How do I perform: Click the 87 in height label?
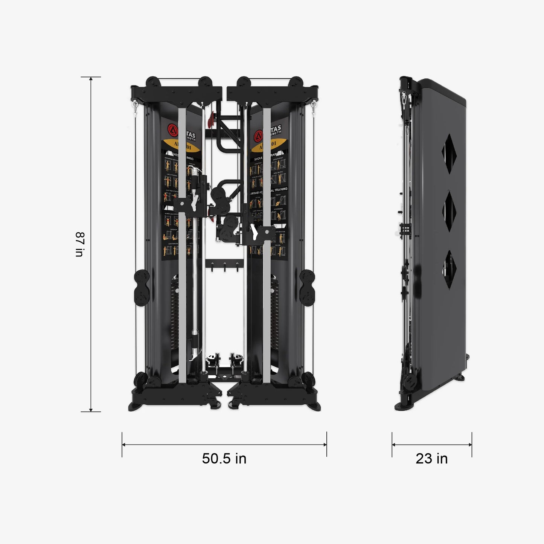pos(80,244)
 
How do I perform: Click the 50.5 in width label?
pos(224,459)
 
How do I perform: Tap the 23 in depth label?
pos(431,459)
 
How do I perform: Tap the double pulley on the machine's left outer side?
pos(141,288)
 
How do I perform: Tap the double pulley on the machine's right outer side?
pos(308,288)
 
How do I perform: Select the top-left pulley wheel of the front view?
pos(153,82)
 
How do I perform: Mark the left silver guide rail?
pos(182,245)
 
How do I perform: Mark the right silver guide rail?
pos(267,245)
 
